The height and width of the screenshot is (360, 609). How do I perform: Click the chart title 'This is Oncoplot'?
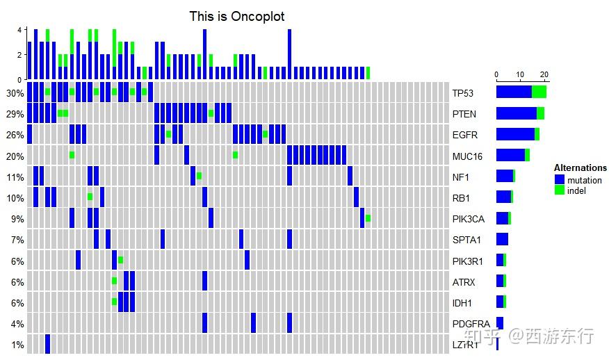point(236,16)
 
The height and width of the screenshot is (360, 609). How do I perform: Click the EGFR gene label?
point(464,135)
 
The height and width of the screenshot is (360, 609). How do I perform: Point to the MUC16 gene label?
point(466,156)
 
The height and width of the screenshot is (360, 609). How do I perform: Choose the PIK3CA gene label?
point(467,219)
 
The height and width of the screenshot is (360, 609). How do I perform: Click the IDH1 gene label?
point(462,303)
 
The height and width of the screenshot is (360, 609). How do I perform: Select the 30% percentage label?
point(15,93)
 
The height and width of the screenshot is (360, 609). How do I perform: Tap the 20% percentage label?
point(15,156)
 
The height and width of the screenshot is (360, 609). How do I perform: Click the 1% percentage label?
point(17,345)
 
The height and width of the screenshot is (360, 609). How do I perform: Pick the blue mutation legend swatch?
point(560,180)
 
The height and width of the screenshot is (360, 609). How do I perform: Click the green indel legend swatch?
point(560,190)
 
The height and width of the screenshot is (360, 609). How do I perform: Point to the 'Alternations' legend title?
point(580,168)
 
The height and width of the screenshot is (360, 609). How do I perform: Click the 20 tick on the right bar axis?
point(544,74)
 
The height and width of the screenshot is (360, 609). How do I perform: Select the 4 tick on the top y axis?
point(20,30)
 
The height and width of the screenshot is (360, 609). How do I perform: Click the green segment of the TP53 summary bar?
point(539,92)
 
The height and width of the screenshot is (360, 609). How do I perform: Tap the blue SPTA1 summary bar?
point(502,239)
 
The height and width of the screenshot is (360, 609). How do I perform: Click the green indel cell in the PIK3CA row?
point(368,218)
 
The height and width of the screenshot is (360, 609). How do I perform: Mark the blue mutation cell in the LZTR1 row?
point(47,344)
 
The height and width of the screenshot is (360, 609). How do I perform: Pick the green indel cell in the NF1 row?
point(199,176)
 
